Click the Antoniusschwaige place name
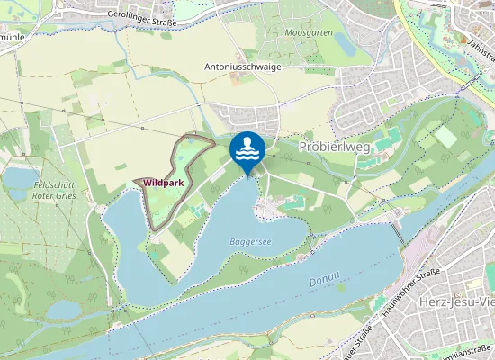pyautogui.click(x=243, y=67)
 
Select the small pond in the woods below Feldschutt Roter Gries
pyautogui.click(x=63, y=310)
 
